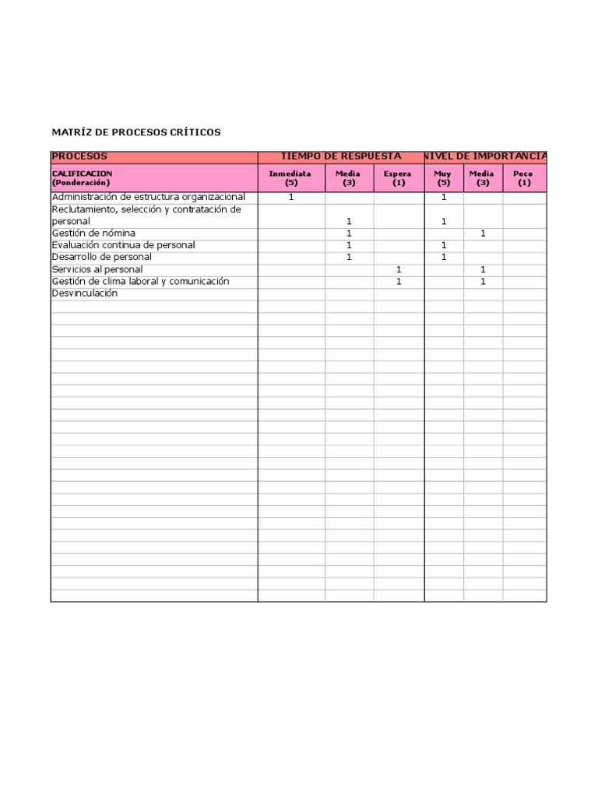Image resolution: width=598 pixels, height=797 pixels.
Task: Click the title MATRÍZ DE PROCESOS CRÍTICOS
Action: [x=136, y=132]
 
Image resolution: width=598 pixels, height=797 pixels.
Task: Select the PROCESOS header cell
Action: [x=79, y=156]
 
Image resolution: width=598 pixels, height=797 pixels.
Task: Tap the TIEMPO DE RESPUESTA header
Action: [x=341, y=156]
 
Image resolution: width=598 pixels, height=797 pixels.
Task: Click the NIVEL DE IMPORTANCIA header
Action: [x=486, y=156]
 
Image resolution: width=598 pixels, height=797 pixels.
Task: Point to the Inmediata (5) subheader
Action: [x=291, y=177]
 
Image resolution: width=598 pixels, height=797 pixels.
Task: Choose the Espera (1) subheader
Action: [x=399, y=177]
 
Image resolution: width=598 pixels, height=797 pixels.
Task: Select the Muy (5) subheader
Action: [x=444, y=177]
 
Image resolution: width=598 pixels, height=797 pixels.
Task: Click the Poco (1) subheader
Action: [x=524, y=177]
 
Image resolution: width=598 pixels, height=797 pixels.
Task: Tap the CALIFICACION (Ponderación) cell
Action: [x=82, y=177]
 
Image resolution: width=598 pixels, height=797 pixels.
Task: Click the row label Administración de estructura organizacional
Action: [x=148, y=197]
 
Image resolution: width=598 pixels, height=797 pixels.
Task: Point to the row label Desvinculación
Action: [x=85, y=293]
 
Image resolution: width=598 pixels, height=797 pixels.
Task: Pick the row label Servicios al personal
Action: [x=97, y=269]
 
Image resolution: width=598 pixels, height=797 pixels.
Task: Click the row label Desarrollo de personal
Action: [x=101, y=257]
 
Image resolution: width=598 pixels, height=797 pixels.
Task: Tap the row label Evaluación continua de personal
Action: [x=123, y=245]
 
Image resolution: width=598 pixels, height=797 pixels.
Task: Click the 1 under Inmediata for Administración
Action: [x=291, y=197]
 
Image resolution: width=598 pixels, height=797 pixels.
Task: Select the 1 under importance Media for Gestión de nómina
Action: [x=483, y=233]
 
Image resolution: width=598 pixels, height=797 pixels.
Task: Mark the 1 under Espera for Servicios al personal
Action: [x=399, y=269]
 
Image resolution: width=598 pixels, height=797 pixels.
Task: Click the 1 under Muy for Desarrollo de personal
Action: [x=444, y=257]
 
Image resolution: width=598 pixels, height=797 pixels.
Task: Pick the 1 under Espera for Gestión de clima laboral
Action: [x=399, y=282]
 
